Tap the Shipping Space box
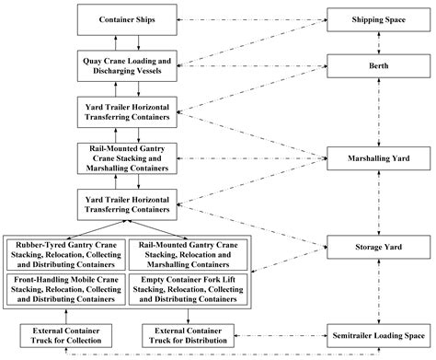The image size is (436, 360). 376,19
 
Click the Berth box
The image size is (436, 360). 376,65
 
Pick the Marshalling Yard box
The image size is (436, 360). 376,158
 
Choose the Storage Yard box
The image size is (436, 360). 376,247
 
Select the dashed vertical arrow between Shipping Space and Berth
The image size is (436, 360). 376,42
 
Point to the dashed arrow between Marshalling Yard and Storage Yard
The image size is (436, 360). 376,203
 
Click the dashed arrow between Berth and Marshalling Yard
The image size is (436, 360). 376,112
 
